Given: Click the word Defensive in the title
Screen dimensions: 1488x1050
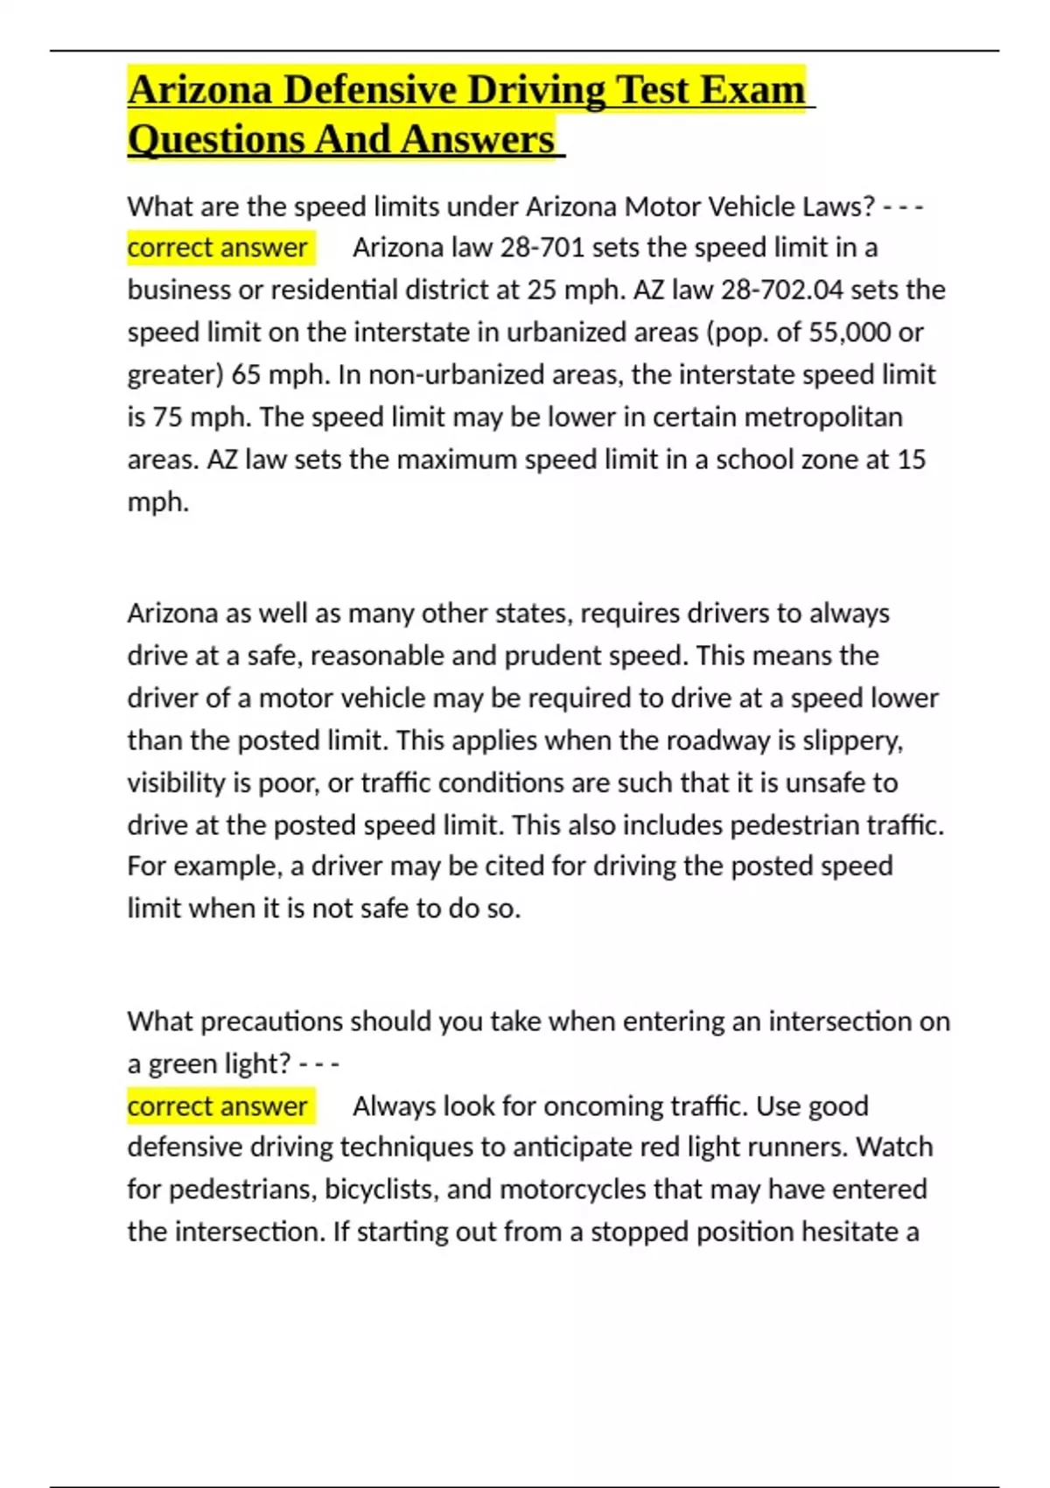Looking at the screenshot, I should [x=371, y=90].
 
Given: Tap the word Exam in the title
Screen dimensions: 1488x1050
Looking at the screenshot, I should [x=752, y=90].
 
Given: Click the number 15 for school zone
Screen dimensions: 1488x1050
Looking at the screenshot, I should [x=911, y=460].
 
